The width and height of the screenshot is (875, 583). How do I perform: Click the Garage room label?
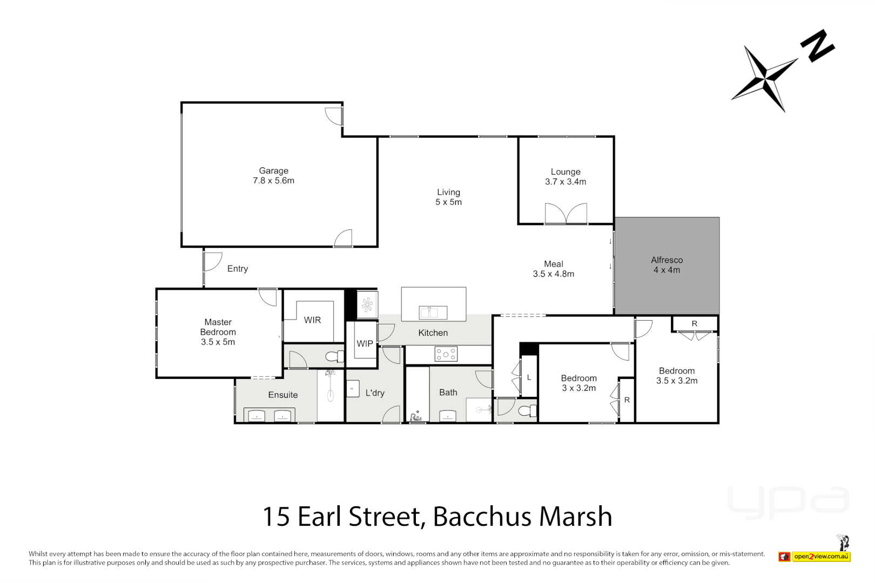click(273, 171)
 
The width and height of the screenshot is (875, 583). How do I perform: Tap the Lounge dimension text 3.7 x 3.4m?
click(566, 182)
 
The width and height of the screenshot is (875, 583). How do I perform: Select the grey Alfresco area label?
click(667, 260)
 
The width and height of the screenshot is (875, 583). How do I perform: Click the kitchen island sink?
click(433, 312)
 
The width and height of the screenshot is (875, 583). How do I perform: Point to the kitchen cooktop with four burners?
click(446, 354)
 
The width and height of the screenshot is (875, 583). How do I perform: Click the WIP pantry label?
click(365, 343)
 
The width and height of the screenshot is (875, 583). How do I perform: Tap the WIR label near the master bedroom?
click(312, 320)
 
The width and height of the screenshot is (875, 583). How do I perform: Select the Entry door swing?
click(212, 261)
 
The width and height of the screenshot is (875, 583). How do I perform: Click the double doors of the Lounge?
click(566, 214)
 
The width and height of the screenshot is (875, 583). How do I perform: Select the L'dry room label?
click(375, 393)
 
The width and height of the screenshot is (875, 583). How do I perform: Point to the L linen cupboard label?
click(529, 377)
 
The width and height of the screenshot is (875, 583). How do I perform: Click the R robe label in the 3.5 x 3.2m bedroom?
click(695, 324)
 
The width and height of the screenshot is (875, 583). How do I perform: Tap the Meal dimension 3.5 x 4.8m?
click(553, 274)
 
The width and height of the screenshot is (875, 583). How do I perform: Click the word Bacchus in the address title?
click(482, 517)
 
